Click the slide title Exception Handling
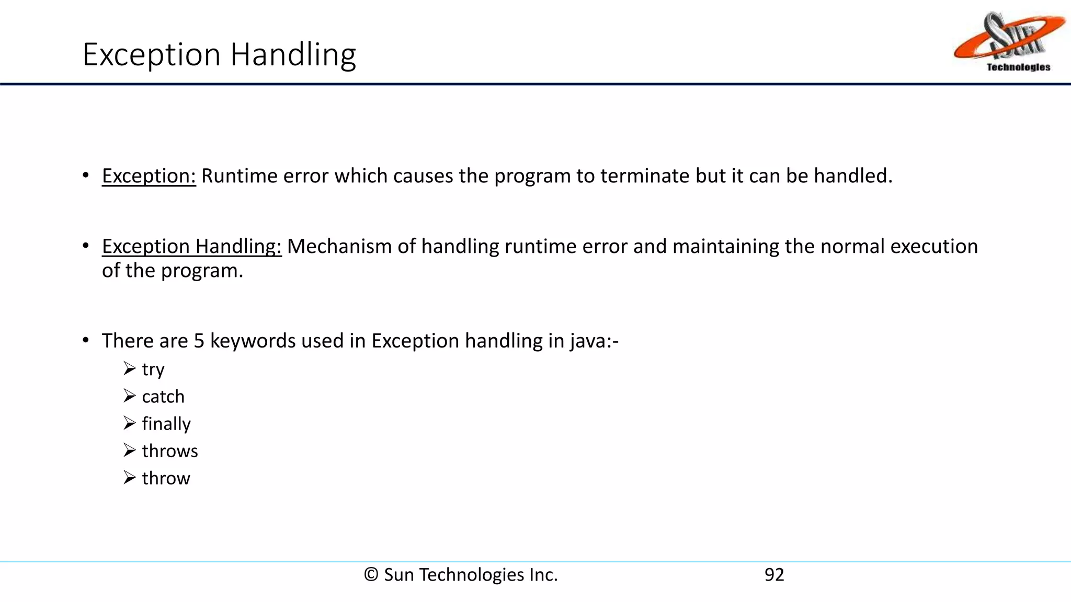coord(219,54)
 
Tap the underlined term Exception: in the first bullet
coord(149,176)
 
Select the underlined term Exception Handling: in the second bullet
coord(191,247)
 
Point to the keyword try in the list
coord(153,369)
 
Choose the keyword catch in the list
coord(163,397)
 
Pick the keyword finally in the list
coord(166,424)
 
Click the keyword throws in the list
coord(170,451)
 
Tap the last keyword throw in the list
coord(166,478)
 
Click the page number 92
coord(774,575)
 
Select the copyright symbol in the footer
coord(371,575)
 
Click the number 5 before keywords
coord(199,341)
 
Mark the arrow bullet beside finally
coord(130,423)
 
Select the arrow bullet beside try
coord(130,368)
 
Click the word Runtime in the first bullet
coord(240,176)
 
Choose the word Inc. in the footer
coord(543,575)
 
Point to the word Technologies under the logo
coord(1018,67)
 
